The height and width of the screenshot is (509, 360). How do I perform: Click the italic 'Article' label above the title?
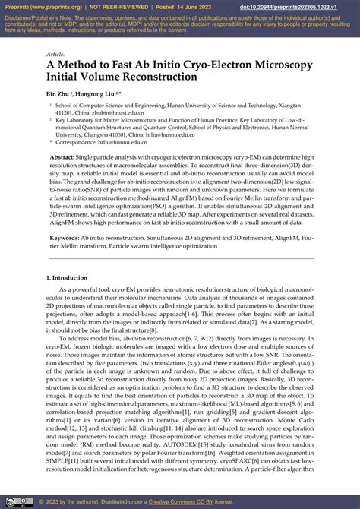point(55,55)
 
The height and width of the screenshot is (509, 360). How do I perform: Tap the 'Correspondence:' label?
point(77,141)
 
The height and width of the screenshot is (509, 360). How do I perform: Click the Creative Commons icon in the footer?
point(11,501)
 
